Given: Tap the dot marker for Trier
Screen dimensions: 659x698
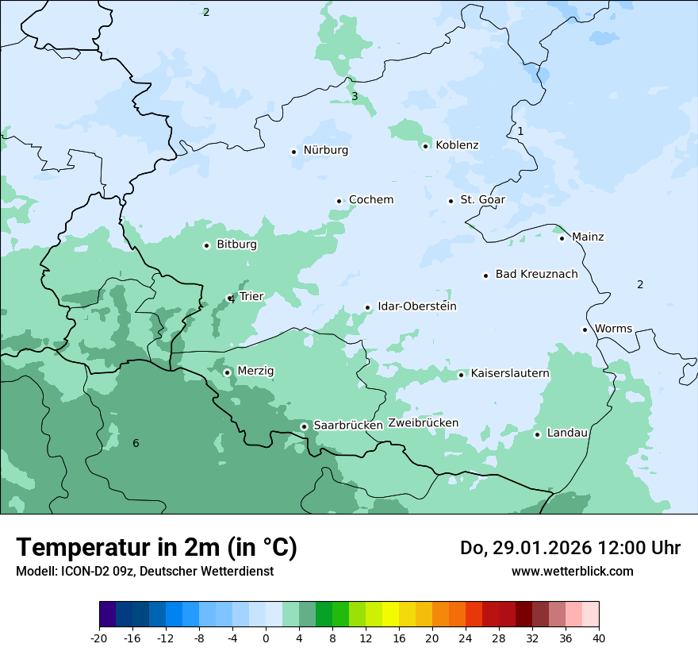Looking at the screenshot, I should click(x=230, y=299).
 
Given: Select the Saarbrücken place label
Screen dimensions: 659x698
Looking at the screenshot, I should click(x=348, y=426).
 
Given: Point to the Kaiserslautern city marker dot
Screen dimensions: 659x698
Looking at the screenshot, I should click(x=461, y=375).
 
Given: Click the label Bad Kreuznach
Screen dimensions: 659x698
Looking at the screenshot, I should click(x=536, y=275).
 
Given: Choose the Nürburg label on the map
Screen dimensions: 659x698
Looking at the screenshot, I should click(x=325, y=150).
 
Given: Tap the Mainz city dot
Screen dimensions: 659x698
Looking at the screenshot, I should click(x=562, y=238).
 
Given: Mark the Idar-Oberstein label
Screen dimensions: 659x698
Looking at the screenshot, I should click(x=416, y=306).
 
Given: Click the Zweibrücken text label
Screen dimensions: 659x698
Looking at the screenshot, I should click(x=423, y=423).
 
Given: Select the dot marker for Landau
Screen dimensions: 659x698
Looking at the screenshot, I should click(x=537, y=434).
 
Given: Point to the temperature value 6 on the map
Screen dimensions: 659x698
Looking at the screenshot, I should click(x=136, y=443).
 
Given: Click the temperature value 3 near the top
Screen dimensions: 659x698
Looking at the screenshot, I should click(x=355, y=97).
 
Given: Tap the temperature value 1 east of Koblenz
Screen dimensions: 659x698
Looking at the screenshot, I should click(x=520, y=131).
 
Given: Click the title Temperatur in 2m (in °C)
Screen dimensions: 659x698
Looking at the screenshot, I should click(x=156, y=548).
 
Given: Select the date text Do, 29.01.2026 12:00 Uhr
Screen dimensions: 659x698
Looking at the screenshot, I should click(x=570, y=548).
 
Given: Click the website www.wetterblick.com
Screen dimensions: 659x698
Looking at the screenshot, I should click(x=572, y=572).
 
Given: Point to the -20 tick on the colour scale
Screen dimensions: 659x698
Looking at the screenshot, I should click(x=99, y=638).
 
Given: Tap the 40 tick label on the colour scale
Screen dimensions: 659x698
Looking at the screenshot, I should click(x=599, y=638).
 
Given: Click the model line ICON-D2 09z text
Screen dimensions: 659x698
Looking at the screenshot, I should click(x=144, y=572).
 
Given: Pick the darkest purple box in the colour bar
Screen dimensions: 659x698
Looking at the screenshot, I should click(x=107, y=615).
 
